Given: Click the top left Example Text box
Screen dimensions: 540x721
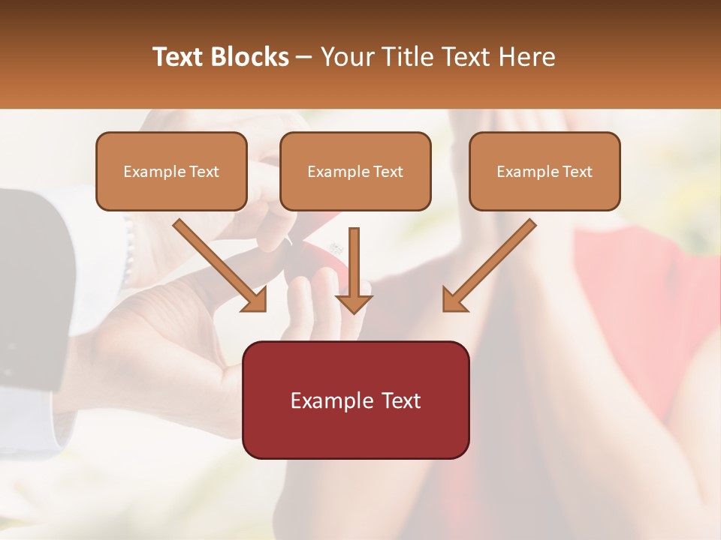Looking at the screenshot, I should pyautogui.click(x=171, y=171).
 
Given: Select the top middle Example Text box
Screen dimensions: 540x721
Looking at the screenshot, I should pyautogui.click(x=355, y=171).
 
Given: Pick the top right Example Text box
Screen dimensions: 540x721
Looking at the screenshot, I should pyautogui.click(x=545, y=171).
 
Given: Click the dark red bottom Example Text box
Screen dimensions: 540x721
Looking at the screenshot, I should pyautogui.click(x=355, y=400).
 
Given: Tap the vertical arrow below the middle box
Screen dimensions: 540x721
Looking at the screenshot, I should pyautogui.click(x=354, y=270).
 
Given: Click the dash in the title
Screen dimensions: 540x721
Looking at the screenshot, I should pyautogui.click(x=305, y=57).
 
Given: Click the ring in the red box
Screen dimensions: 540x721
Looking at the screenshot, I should pyautogui.click(x=333, y=247).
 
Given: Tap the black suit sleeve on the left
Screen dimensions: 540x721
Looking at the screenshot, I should pyautogui.click(x=30, y=285).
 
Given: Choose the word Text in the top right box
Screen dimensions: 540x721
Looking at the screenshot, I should pyautogui.click(x=577, y=172).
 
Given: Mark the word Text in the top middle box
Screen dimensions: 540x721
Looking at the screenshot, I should pyautogui.click(x=388, y=172).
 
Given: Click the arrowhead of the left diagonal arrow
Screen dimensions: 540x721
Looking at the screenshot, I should pyautogui.click(x=255, y=300).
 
